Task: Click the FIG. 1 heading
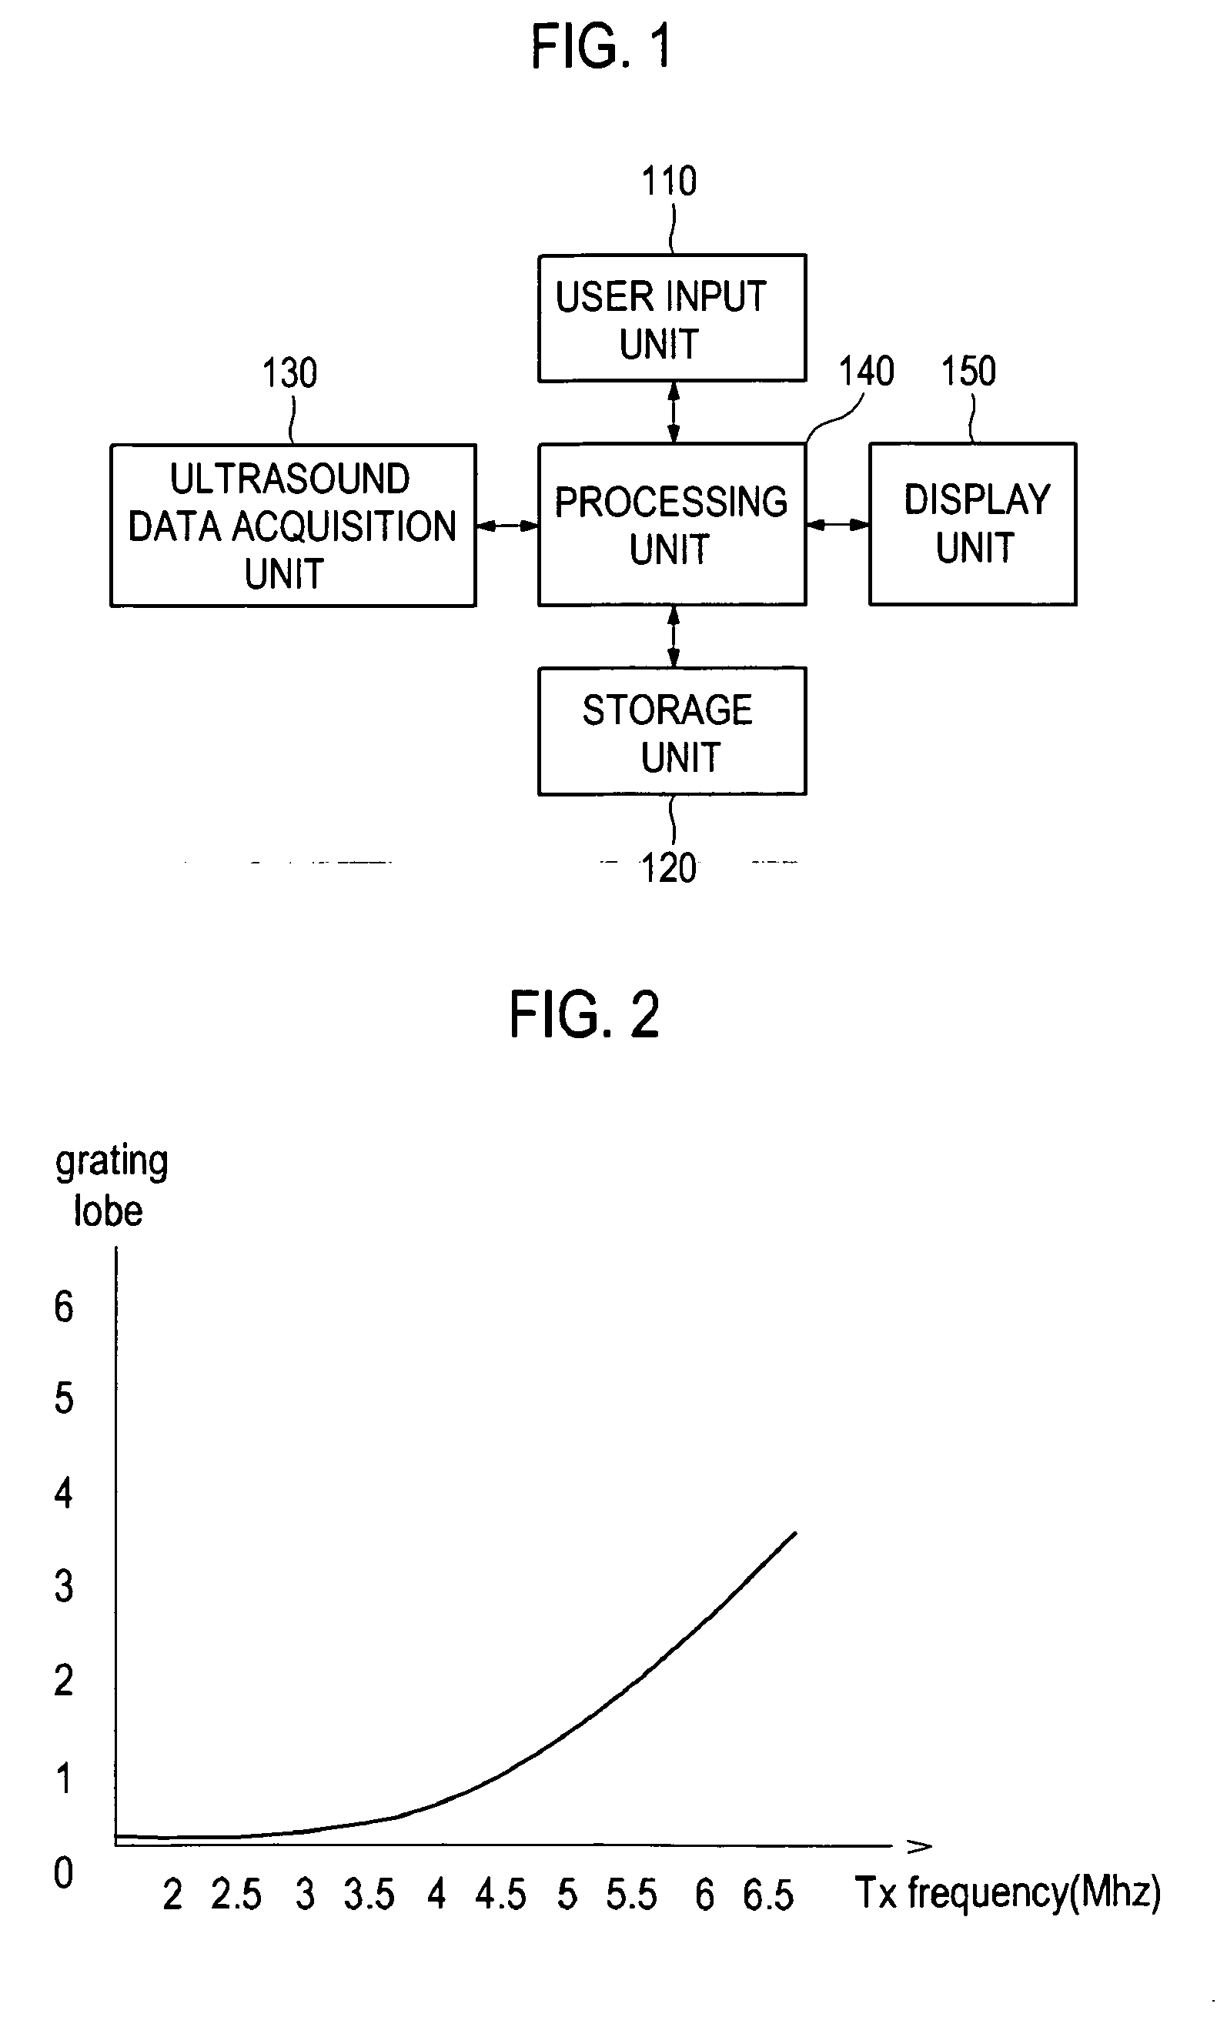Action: pyautogui.click(x=600, y=47)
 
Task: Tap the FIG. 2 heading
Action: pyautogui.click(x=584, y=1015)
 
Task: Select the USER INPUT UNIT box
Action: pyautogui.click(x=671, y=319)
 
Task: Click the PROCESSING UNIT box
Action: pyautogui.click(x=671, y=525)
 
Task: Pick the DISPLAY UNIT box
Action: pyautogui.click(x=973, y=524)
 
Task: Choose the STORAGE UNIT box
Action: pyautogui.click(x=671, y=731)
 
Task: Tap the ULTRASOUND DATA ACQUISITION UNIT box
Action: pyautogui.click(x=293, y=526)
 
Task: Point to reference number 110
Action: pyautogui.click(x=669, y=182)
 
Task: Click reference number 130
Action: pyautogui.click(x=289, y=373)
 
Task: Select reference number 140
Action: pyautogui.click(x=867, y=372)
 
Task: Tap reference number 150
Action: pyautogui.click(x=968, y=372)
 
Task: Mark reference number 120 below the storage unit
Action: pyautogui.click(x=668, y=869)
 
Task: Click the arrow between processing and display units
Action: pyautogui.click(x=838, y=525)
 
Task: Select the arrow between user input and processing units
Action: pyautogui.click(x=674, y=413)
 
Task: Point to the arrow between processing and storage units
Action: pyautogui.click(x=674, y=636)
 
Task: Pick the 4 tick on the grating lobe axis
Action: pyautogui.click(x=63, y=1492)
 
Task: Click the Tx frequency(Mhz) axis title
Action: pyautogui.click(x=1008, y=1892)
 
